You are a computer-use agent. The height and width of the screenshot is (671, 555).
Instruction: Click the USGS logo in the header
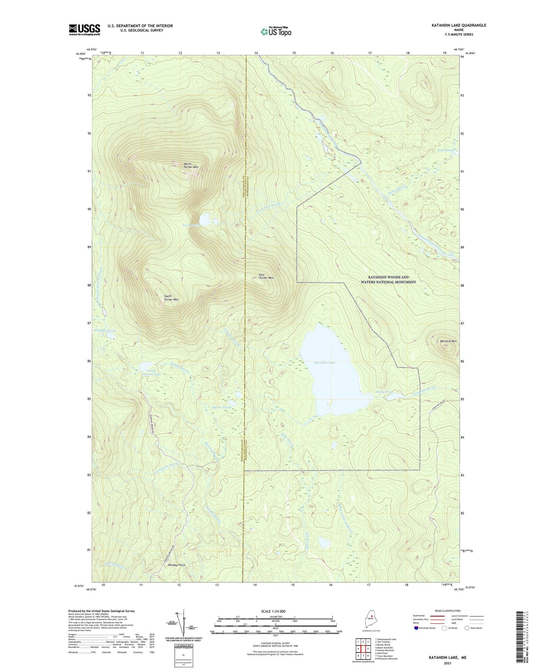click(84, 30)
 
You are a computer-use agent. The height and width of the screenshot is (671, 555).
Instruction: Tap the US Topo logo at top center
click(276, 32)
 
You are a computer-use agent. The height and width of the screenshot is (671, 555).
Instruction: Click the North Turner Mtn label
click(191, 165)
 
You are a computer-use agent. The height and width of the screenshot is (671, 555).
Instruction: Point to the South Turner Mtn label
click(171, 298)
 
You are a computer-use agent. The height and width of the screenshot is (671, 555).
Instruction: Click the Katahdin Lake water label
click(325, 363)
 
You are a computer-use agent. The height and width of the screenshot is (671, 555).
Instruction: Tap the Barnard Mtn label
click(448, 341)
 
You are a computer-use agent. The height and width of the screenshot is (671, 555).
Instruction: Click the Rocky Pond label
click(384, 392)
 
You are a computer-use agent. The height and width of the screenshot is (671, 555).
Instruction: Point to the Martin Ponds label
click(222, 407)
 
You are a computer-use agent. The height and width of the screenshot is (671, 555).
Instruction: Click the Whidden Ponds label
click(105, 331)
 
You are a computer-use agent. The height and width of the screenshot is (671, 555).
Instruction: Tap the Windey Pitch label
click(176, 565)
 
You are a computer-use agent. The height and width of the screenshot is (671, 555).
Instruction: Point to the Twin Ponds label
click(191, 225)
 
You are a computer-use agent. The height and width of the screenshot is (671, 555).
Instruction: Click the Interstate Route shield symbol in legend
click(416, 628)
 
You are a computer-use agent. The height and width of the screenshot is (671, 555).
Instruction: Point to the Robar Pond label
click(445, 150)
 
